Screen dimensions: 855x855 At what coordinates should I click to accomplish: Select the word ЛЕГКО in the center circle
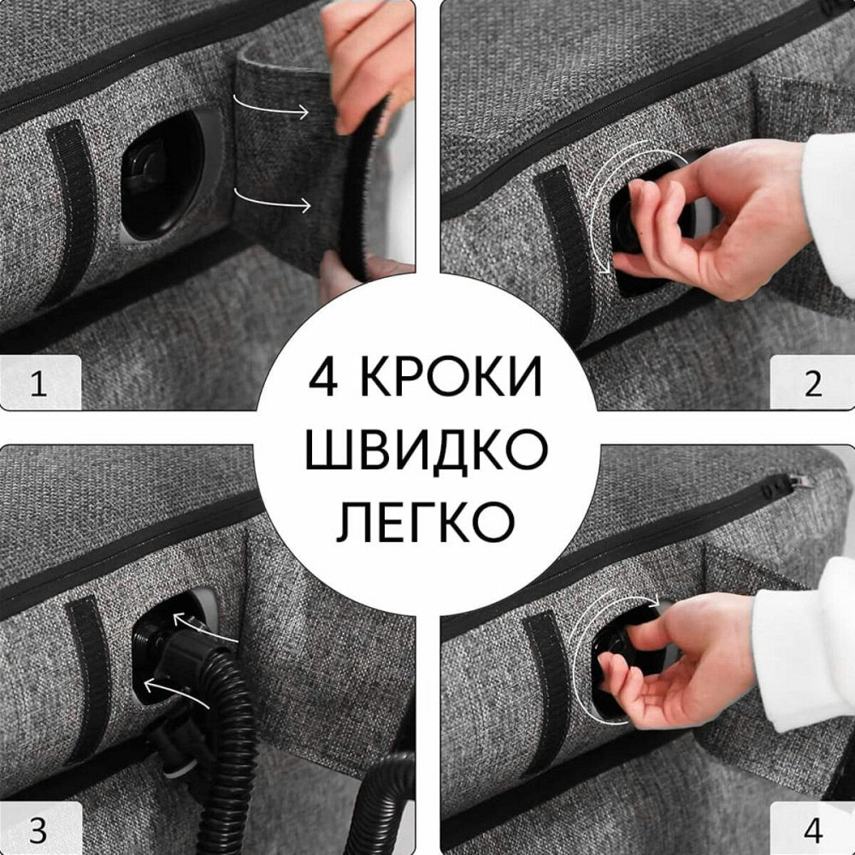pos(427,519)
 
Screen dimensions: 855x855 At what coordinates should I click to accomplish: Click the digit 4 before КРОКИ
pos(326,377)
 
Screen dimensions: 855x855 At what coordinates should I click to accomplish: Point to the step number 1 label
pos(38,385)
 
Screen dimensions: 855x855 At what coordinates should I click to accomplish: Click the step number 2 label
pos(812,385)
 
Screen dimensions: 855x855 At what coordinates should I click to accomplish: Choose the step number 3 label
pos(38,829)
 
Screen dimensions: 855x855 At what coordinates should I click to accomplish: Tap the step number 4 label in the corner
pos(812,829)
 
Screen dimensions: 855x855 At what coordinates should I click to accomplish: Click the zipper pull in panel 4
pos(782,483)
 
